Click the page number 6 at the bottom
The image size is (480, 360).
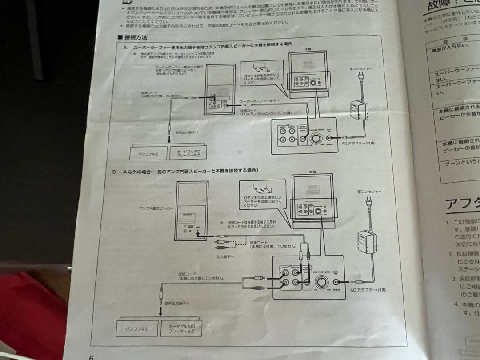tap(91, 356)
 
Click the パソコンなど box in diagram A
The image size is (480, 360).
tap(148, 153)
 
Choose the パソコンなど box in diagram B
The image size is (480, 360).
tap(137, 328)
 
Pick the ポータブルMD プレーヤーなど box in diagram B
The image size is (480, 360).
tap(181, 329)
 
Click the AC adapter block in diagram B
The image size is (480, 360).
tap(366, 243)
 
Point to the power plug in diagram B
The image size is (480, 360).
tap(368, 205)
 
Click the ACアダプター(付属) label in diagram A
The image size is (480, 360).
tap(359, 143)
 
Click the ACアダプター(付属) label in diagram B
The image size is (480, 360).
tap(368, 290)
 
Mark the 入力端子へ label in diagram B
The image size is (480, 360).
tap(225, 256)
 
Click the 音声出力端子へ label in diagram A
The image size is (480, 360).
tap(187, 132)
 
